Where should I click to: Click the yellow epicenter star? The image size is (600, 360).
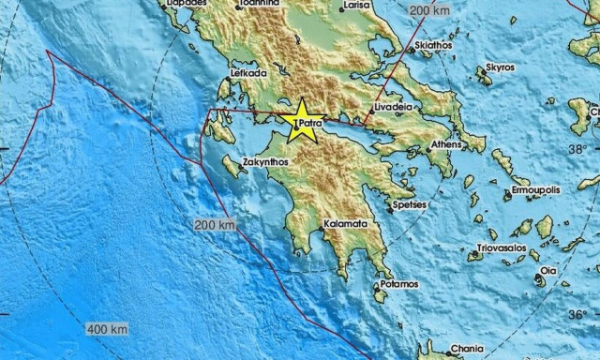point(304,124)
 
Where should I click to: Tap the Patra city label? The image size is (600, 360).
point(310,122)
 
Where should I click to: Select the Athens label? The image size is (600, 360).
point(445,145)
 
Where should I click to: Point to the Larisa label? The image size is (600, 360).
point(356,6)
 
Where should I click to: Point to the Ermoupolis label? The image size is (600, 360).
point(534,189)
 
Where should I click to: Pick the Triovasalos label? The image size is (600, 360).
point(498,249)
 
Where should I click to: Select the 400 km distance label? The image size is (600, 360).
point(107,330)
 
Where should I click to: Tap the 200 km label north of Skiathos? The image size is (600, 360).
point(431,11)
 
